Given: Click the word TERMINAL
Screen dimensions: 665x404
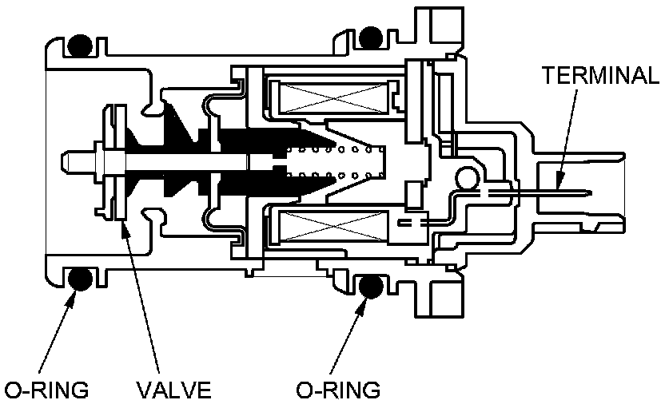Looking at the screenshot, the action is coord(599,76).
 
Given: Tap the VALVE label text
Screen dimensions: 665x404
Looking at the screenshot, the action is coord(173,390).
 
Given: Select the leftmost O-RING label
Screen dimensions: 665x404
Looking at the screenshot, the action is coord(46,390).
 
